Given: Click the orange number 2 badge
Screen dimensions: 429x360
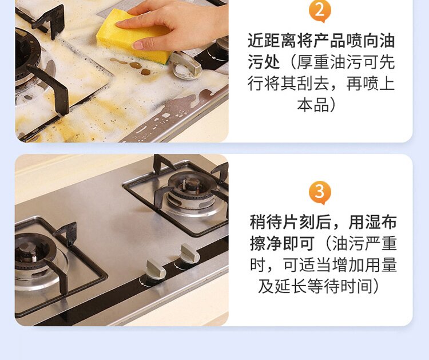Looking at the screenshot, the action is point(320,11).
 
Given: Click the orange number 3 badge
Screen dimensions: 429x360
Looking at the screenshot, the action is point(320,192).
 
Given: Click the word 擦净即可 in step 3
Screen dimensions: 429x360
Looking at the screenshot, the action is point(282,243).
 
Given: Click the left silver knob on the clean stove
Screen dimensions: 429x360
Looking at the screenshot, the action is point(155,270).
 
